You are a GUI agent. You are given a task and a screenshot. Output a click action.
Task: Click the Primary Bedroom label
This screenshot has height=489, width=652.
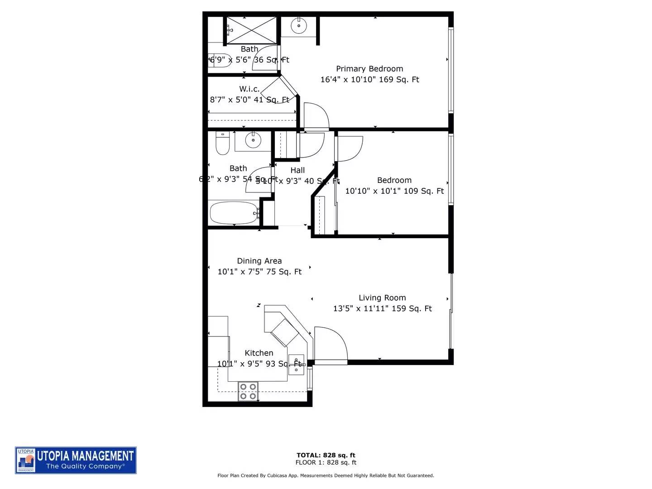[x=369, y=69]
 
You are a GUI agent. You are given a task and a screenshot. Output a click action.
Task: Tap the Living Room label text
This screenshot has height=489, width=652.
[x=382, y=298]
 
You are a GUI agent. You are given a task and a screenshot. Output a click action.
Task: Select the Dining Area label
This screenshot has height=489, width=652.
[x=259, y=261]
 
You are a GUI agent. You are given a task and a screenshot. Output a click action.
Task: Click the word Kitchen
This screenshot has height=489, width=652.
[x=259, y=353]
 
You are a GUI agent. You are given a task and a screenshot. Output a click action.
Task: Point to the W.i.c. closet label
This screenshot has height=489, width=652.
[x=249, y=89]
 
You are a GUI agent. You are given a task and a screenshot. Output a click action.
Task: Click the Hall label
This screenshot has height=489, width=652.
[x=297, y=171]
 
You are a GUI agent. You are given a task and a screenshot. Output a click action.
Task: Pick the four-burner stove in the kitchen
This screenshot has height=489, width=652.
[x=248, y=392]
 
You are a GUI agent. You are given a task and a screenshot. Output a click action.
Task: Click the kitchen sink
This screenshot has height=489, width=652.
[x=297, y=364]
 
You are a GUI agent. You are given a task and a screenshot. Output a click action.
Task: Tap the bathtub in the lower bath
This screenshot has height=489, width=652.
[x=233, y=213]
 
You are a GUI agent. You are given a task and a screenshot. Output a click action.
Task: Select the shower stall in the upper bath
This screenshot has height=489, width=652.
[x=251, y=30]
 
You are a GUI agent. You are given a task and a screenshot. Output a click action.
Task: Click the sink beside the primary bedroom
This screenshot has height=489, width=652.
[x=299, y=26]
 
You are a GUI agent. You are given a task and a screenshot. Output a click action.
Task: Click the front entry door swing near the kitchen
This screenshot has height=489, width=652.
[x=331, y=345]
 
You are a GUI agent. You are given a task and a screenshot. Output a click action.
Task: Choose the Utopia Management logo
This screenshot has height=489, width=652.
[x=76, y=460]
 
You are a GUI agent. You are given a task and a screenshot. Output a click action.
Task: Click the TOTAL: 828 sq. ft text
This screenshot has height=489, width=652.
[x=326, y=455]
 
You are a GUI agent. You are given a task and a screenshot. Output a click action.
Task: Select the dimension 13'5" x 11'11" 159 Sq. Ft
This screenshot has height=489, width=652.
[x=383, y=309]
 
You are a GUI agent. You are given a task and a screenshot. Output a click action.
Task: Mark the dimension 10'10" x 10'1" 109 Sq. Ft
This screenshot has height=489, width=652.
[x=394, y=191]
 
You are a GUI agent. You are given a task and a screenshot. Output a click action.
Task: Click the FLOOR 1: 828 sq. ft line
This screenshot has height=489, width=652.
[x=326, y=463]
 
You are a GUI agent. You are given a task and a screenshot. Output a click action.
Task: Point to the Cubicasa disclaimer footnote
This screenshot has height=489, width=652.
[x=326, y=476]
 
